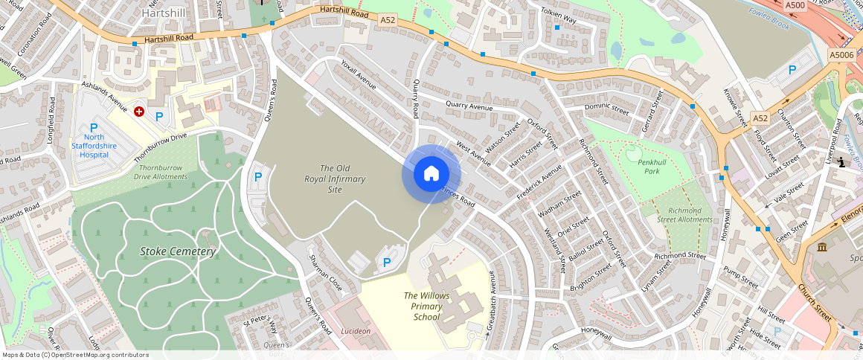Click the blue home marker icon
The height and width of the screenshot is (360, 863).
tap(431, 174)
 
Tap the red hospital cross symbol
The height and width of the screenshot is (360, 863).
tap(139, 112)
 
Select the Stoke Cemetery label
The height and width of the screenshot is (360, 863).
tap(178, 251)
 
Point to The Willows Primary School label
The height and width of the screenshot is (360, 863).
tap(426, 306)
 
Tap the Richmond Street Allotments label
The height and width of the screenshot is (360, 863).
tap(685, 215)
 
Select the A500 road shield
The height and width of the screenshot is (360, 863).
tap(794, 5)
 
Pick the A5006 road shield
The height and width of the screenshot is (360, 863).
tap(842, 54)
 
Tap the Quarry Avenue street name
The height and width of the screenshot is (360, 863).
tap(469, 107)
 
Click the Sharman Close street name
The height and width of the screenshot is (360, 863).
tap(325, 272)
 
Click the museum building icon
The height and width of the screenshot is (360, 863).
tap(821, 247)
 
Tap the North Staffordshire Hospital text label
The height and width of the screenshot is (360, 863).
tap(94, 141)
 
